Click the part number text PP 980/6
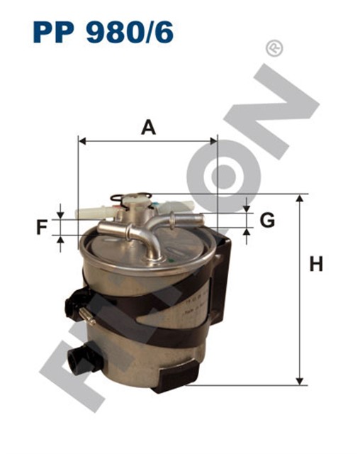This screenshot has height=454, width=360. pyautogui.click(x=103, y=32)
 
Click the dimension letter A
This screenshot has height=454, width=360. pyautogui.click(x=148, y=128)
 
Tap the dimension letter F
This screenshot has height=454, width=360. pyautogui.click(x=42, y=227)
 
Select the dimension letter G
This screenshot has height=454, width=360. pyautogui.click(x=267, y=220)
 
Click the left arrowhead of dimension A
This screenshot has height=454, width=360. pyautogui.click(x=82, y=141)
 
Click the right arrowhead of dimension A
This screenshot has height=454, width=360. pyautogui.click(x=213, y=141)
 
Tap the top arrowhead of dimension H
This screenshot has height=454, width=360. pyautogui.click(x=300, y=198)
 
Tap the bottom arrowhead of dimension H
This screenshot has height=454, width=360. pyautogui.click(x=300, y=382)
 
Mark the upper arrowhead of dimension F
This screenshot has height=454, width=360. pyautogui.click(x=60, y=216)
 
